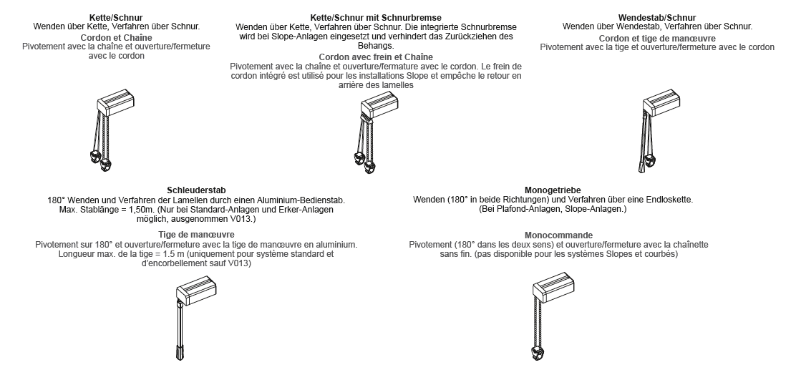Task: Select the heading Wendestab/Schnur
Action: (657, 17)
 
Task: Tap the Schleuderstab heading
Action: (196, 189)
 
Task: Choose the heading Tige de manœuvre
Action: (196, 235)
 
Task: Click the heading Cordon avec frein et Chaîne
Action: (375, 57)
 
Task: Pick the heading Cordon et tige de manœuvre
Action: (657, 37)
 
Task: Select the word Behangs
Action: (375, 44)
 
